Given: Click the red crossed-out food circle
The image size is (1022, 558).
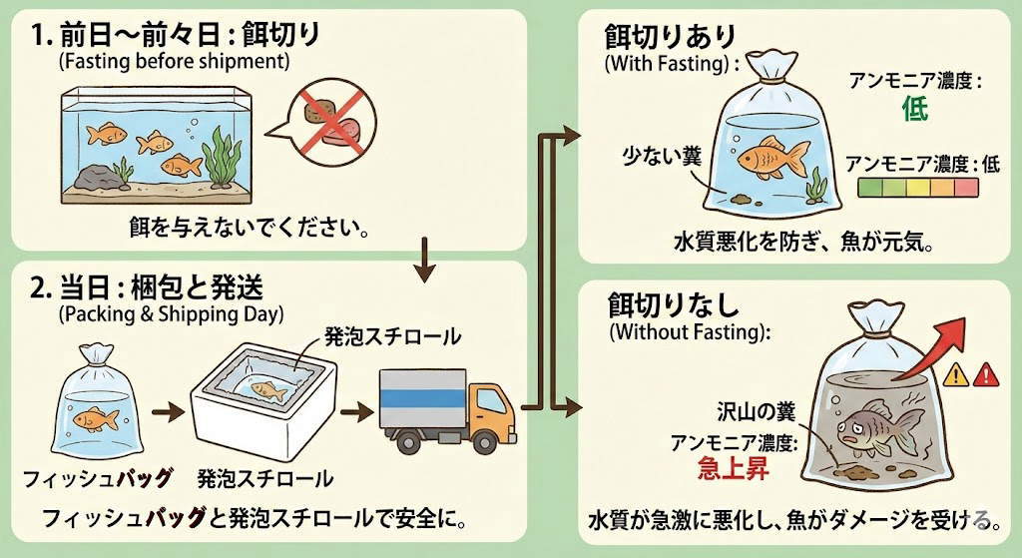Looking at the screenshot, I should tap(325, 118).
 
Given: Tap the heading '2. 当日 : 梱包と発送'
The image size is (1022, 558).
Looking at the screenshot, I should tap(148, 287).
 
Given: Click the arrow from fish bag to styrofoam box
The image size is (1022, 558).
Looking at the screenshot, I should tap(167, 410).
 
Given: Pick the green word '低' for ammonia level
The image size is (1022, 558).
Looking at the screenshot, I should tap(914, 109).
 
